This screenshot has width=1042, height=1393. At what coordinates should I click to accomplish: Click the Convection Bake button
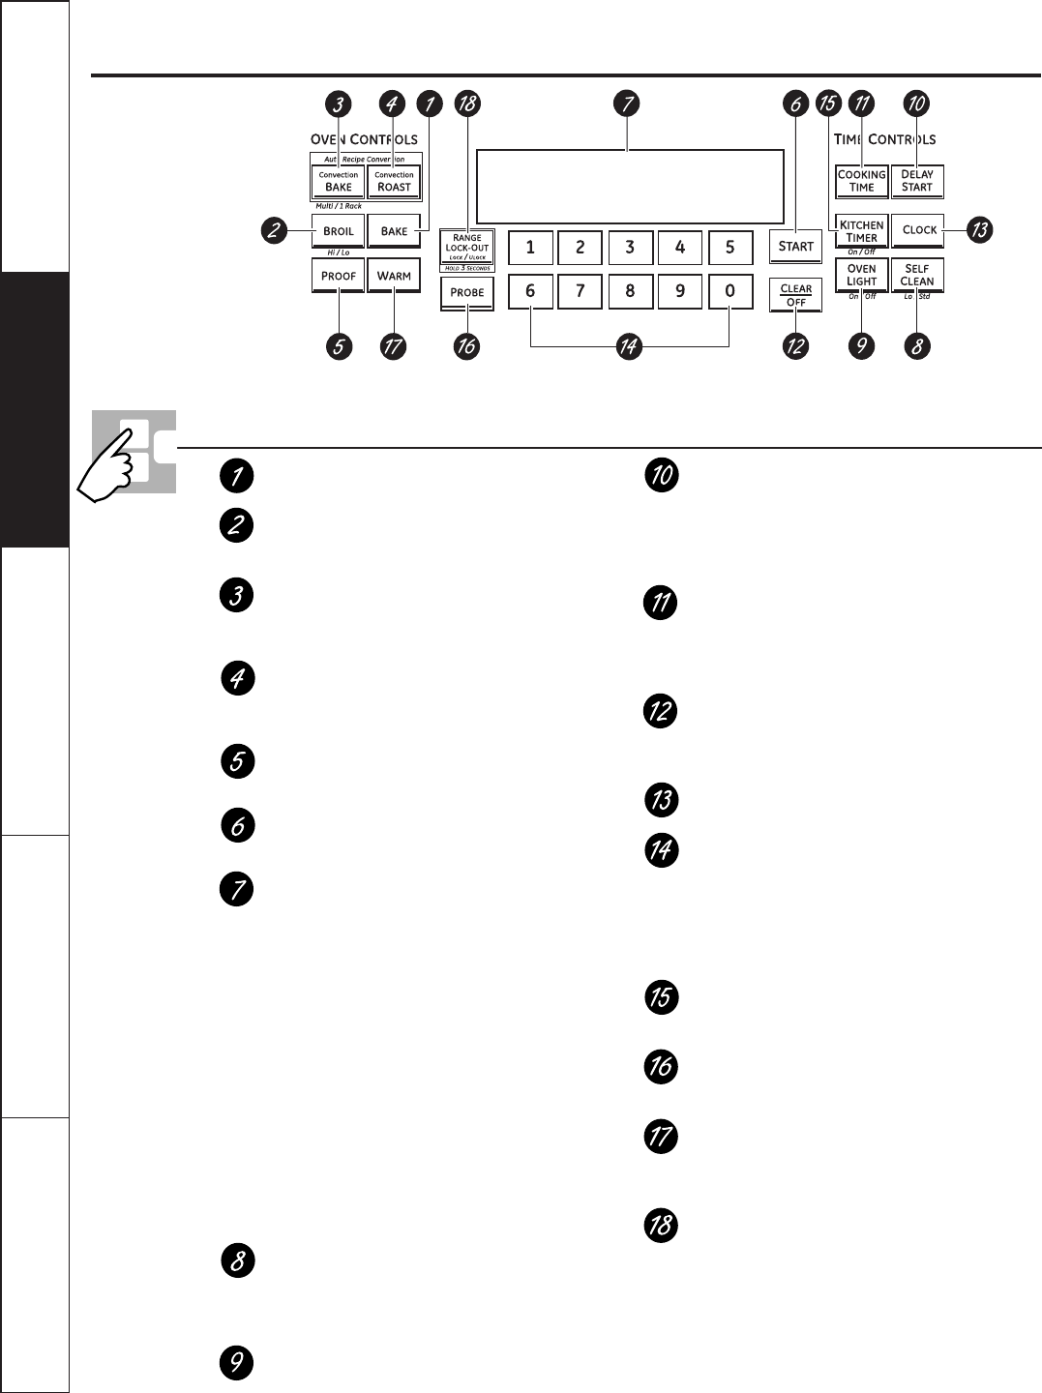point(338,182)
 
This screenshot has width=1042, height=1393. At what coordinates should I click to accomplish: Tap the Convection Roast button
point(394,182)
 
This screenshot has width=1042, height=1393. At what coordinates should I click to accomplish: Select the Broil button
point(338,231)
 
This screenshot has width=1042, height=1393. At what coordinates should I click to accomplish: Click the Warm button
point(394,276)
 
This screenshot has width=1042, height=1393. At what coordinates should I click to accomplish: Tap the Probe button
point(467,292)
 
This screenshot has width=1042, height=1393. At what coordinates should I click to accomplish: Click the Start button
point(796,247)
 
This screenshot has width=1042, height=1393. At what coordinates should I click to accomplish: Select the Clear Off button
point(796,295)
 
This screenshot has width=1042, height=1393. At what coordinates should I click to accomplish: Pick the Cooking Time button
point(861,182)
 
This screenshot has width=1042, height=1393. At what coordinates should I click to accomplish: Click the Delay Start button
point(917,182)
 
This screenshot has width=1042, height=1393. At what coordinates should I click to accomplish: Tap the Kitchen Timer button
point(861,231)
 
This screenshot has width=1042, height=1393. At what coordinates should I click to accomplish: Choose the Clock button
point(918,230)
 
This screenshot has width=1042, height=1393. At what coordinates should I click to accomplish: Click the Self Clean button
point(917,276)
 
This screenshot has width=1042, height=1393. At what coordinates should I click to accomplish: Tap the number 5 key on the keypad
point(729,248)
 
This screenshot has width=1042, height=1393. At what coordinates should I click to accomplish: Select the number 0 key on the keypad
point(729,291)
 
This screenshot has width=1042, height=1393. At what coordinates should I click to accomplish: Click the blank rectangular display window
point(629,188)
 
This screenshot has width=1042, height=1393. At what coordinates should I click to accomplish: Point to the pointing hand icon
point(120,459)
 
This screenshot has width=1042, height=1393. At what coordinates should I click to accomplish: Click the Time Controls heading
point(884,139)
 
